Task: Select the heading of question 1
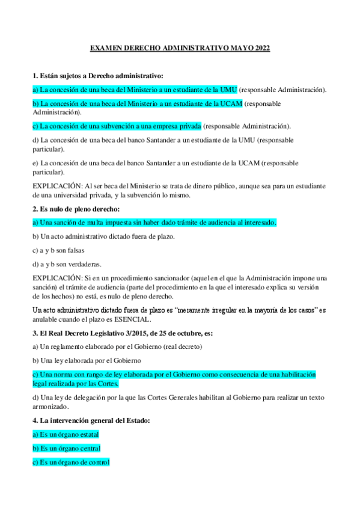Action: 97,76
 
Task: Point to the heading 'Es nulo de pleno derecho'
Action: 76,209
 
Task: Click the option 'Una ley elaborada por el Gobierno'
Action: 87,360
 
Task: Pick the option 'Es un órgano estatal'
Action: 66,434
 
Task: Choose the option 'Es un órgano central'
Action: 66,448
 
